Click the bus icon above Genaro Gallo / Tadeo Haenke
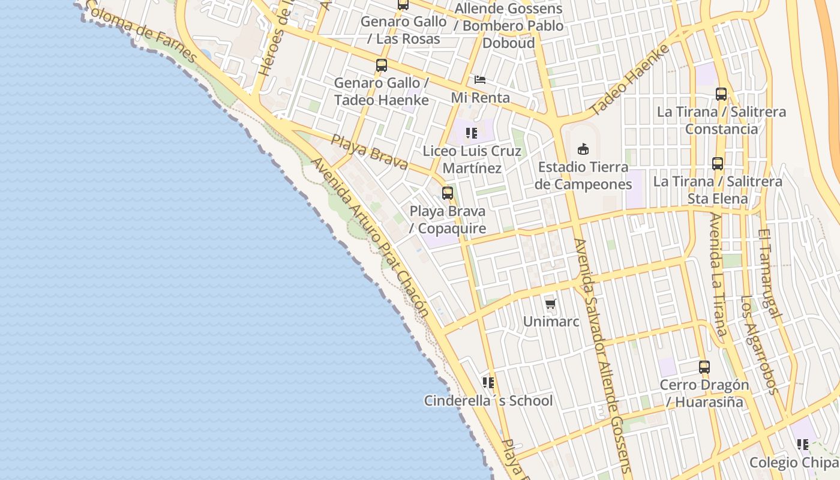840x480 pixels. coord(382,65)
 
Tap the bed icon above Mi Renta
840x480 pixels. coord(479,79)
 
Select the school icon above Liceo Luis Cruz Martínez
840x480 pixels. coord(472,133)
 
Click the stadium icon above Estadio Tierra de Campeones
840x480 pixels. coord(583,149)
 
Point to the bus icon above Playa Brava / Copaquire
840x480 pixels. coord(448,193)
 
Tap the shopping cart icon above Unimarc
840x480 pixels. coord(551,304)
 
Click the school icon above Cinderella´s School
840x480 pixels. coord(488,383)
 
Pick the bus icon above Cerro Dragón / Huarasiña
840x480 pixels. coord(704,367)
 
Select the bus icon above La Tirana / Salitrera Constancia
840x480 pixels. coord(721,94)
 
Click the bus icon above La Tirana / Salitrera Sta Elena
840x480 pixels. coord(718,163)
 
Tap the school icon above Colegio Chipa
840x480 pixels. coord(803,445)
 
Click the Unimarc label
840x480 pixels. coord(551,322)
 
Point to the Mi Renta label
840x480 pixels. coord(480,97)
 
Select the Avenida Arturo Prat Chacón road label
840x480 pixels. coord(370,237)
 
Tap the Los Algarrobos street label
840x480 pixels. coord(759,345)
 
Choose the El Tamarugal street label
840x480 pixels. coord(769,273)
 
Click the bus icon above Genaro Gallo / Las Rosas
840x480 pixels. coord(403,5)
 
